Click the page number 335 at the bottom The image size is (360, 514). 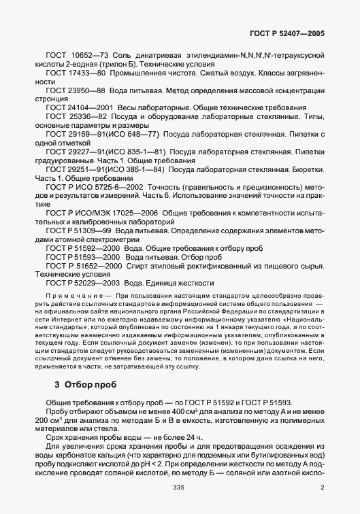click(180, 487)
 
